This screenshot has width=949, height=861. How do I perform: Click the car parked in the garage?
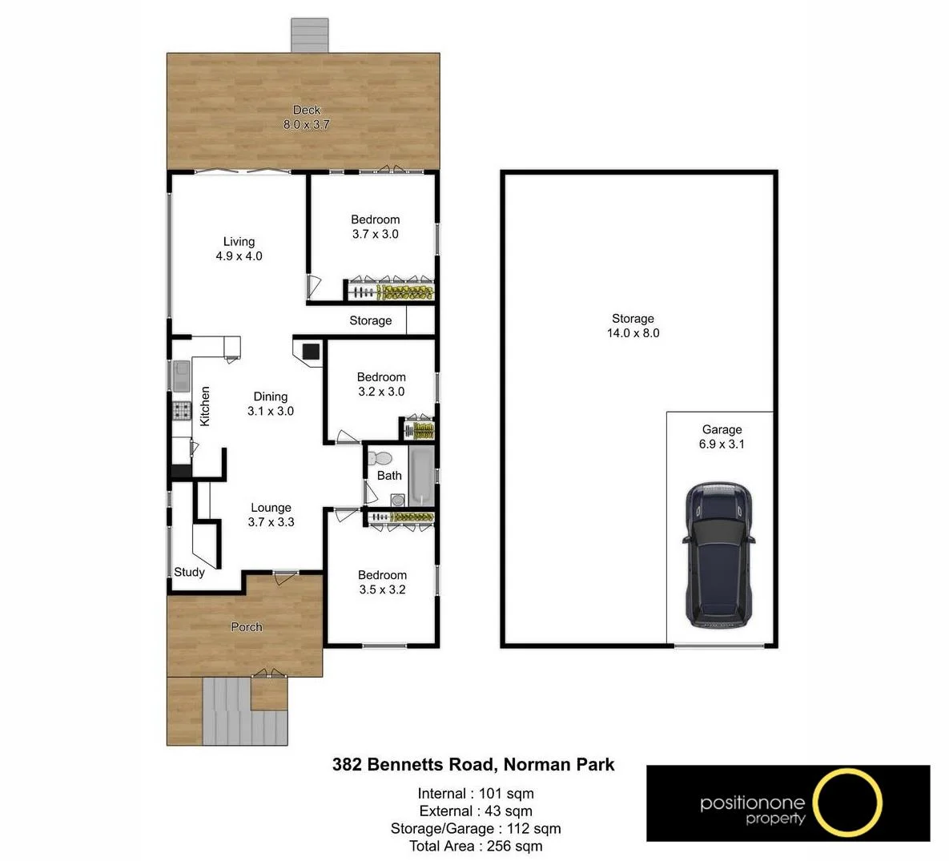718,554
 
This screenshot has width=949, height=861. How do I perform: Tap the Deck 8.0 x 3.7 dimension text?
306,124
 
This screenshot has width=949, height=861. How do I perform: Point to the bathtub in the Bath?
421,476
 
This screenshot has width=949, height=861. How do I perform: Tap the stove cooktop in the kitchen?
181,412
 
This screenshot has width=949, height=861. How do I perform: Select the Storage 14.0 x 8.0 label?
633,326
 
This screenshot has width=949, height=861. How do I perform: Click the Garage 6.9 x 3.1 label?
722,437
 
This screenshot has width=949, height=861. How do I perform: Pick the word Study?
189,572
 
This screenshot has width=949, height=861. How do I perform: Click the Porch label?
246,627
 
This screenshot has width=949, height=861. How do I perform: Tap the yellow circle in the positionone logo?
846,803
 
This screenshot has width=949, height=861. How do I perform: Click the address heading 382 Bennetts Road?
473,765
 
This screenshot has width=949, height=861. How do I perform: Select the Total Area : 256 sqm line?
475,846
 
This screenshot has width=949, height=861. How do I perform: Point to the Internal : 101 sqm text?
475,794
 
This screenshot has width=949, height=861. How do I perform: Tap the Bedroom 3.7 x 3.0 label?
375,227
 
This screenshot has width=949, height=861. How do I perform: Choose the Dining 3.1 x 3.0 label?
270,404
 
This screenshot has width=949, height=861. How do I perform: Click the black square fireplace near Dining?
311,350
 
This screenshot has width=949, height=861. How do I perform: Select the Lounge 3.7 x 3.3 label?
271,515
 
